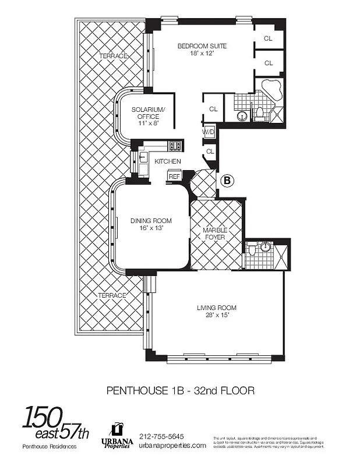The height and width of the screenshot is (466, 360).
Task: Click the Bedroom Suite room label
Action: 202,46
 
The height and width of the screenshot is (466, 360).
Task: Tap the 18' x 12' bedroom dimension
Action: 202,54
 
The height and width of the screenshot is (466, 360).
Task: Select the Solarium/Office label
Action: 144,113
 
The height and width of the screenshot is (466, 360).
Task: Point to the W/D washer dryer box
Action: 209,132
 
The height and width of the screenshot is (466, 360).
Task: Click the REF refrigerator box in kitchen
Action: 174,175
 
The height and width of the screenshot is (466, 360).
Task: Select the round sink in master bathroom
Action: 242,115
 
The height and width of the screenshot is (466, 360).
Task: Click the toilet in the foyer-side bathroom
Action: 252,250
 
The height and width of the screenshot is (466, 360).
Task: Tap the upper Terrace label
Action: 112,56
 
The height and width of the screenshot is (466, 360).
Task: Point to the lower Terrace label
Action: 112,295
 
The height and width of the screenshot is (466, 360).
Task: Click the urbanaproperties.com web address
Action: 172,446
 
